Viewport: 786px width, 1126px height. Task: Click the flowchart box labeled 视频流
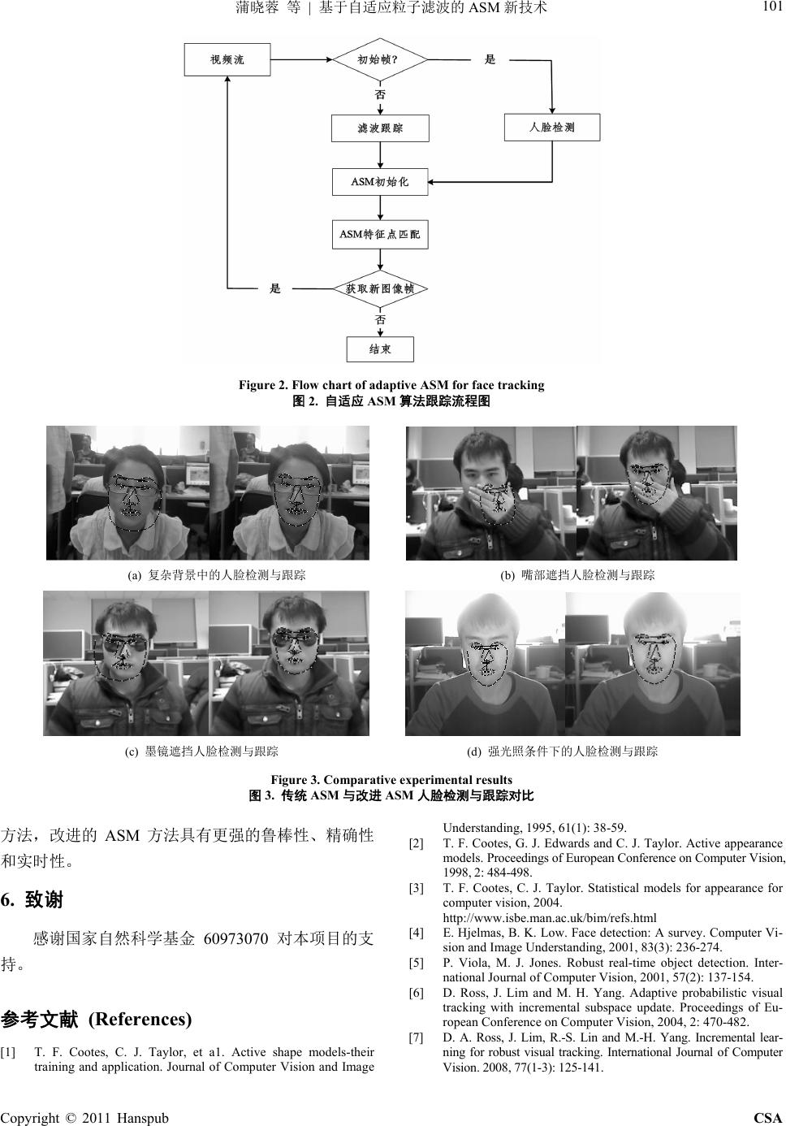point(227,59)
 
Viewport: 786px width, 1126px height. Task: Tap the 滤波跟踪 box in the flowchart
point(380,128)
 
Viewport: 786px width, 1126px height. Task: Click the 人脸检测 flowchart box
point(552,128)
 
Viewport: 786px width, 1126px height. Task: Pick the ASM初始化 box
point(380,182)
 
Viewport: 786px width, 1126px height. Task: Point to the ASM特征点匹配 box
point(380,235)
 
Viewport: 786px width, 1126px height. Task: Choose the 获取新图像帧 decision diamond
point(380,288)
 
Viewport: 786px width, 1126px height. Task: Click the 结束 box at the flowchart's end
point(380,349)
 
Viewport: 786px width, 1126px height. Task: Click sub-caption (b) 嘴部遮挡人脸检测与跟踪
point(577,575)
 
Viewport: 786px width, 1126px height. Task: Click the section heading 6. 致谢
point(32,900)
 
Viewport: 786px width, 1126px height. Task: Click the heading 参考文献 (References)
point(97,1019)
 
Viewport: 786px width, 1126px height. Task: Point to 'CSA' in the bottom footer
point(767,1118)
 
